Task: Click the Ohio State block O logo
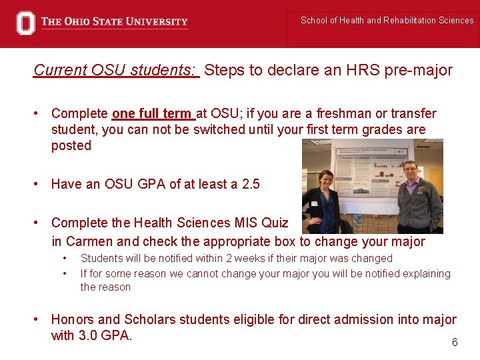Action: (x=25, y=23)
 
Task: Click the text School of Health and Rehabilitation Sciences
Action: (x=387, y=20)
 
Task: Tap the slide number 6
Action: (x=455, y=342)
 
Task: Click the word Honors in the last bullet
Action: (x=73, y=320)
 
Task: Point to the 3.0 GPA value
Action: (x=106, y=335)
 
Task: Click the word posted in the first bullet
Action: (x=71, y=145)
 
